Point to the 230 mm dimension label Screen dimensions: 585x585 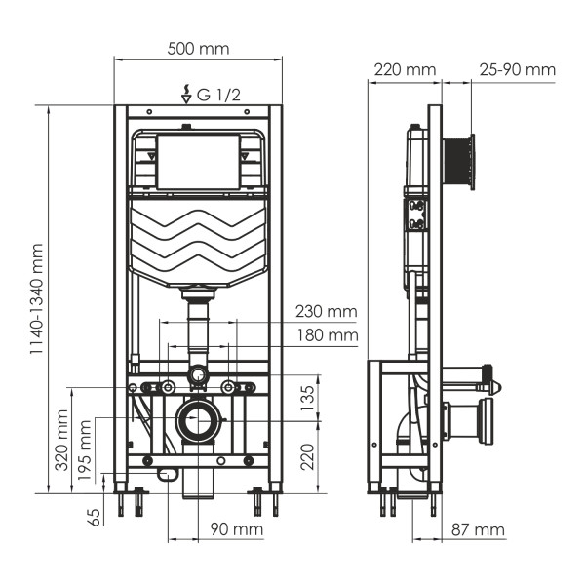pyautogui.click(x=327, y=312)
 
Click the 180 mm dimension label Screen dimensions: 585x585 pyautogui.click(x=327, y=335)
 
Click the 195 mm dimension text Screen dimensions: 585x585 pyautogui.click(x=87, y=451)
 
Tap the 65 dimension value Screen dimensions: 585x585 pyautogui.click(x=94, y=516)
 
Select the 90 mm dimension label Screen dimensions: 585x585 pyautogui.click(x=237, y=529)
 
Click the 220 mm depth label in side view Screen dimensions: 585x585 pyautogui.click(x=404, y=69)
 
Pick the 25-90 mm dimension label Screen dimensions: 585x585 pyautogui.click(x=517, y=69)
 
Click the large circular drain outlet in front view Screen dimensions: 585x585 pyautogui.click(x=200, y=422)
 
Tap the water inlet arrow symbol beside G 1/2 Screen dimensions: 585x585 pyautogui.click(x=186, y=95)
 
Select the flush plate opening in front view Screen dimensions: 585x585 pyautogui.click(x=198, y=162)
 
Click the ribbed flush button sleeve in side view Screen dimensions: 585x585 pyautogui.click(x=459, y=162)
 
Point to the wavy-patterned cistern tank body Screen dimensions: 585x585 pyautogui.click(x=198, y=240)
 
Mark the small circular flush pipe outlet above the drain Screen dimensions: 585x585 pyautogui.click(x=198, y=373)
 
